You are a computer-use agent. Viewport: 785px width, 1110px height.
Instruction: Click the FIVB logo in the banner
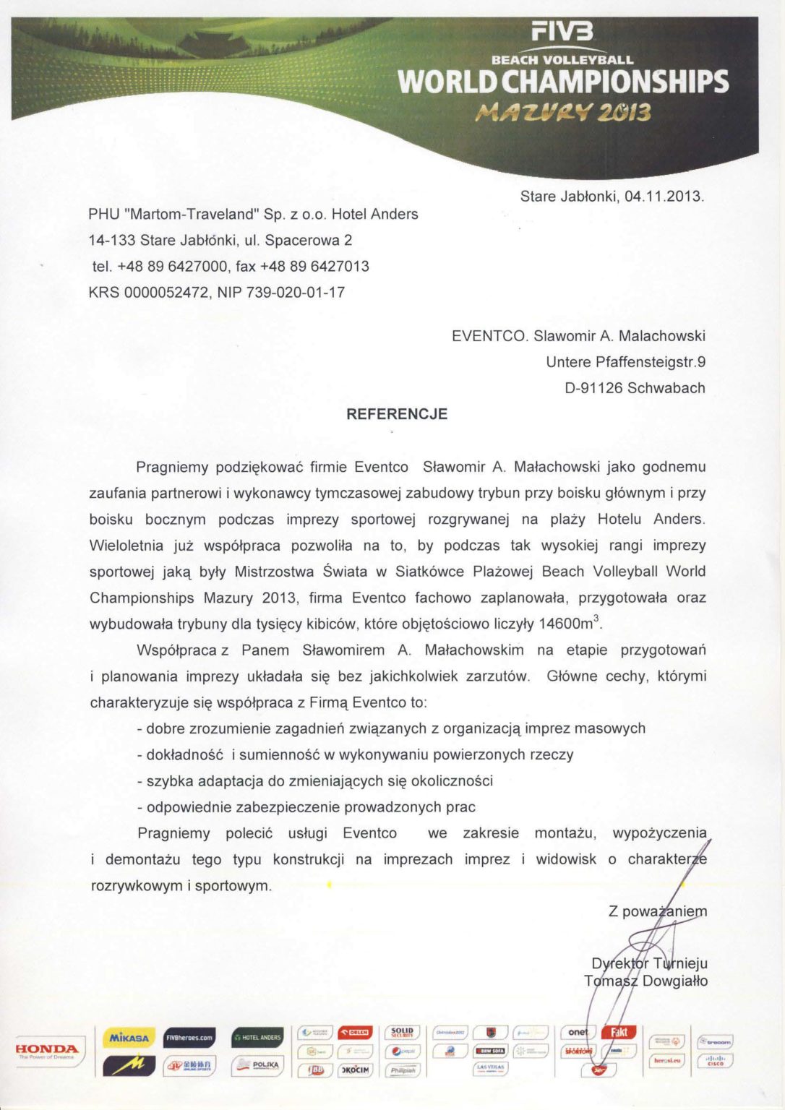pos(562,31)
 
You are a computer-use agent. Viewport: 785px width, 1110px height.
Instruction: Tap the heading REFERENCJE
pos(397,414)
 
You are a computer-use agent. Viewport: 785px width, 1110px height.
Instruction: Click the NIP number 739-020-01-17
pos(296,293)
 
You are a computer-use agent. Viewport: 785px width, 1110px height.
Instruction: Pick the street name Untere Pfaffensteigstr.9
pos(625,362)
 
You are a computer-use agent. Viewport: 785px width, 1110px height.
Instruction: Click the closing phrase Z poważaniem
pos(658,911)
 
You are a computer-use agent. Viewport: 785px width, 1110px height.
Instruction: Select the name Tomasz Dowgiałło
pos(645,981)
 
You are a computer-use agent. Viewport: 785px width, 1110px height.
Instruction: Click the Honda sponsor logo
pos(47,1049)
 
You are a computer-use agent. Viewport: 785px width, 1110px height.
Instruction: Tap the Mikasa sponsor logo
pos(129,1038)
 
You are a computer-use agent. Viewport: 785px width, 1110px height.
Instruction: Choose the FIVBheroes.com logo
pos(189,1038)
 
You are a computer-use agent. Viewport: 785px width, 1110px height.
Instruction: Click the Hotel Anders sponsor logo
pos(257,1038)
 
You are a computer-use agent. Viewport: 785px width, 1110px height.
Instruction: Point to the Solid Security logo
pos(402,1032)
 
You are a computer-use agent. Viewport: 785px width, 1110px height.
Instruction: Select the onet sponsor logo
pos(578,1032)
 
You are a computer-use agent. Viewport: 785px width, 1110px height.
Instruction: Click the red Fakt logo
pos(619,1032)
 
